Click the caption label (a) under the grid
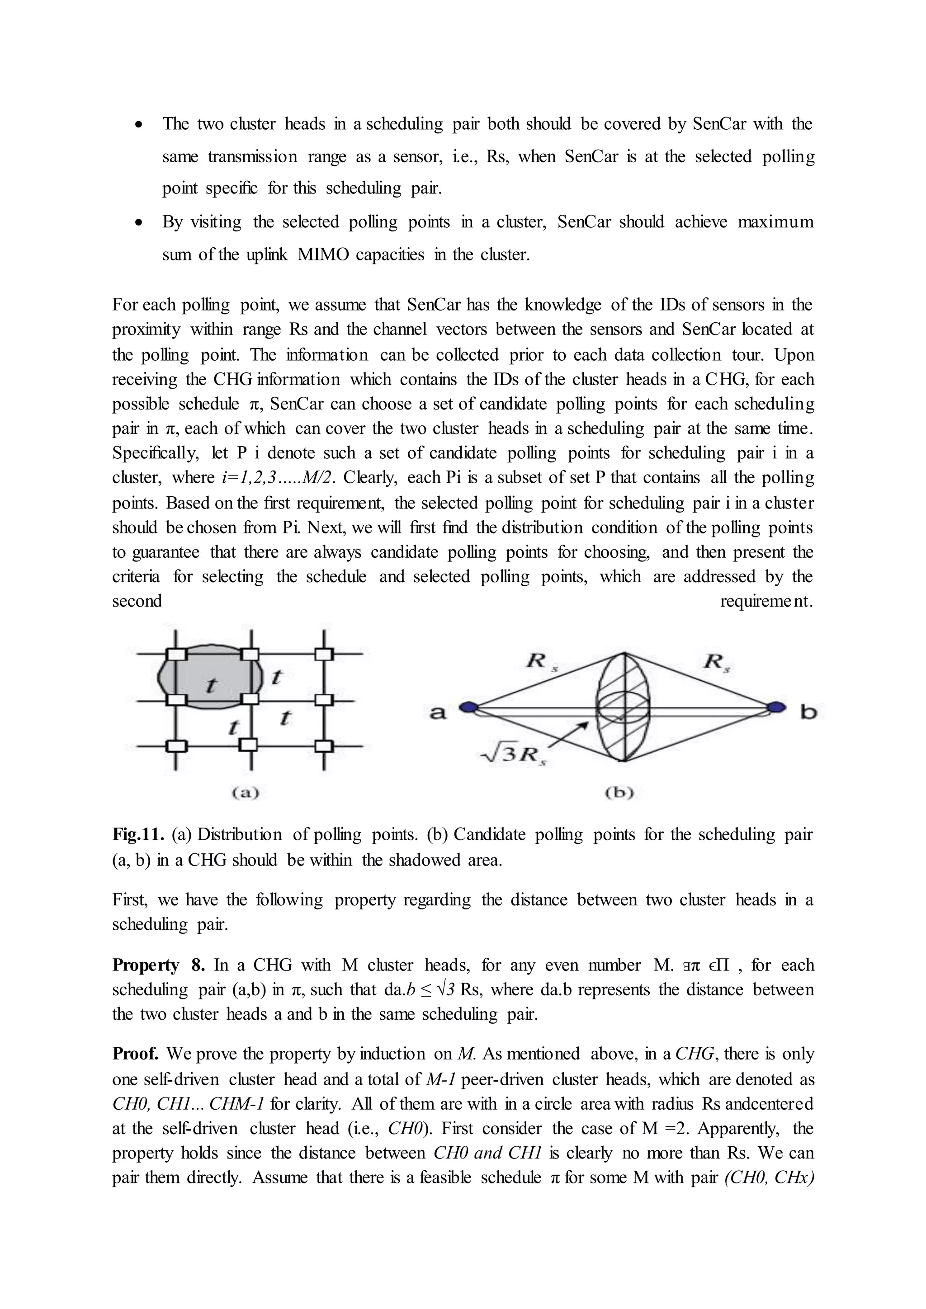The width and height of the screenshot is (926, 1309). click(245, 792)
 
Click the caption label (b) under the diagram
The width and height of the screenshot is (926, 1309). click(620, 792)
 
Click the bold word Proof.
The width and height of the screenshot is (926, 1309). click(135, 1054)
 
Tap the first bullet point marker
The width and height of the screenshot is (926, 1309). click(138, 124)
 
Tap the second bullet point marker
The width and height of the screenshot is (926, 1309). click(138, 222)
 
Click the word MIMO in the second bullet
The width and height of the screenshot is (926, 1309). click(322, 254)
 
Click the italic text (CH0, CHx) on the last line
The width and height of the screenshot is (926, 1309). click(769, 1177)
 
